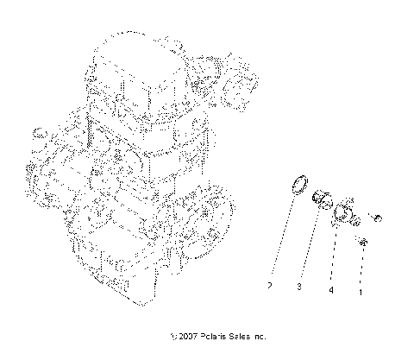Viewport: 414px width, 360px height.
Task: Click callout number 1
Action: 360,291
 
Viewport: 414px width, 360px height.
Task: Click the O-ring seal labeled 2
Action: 298,207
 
